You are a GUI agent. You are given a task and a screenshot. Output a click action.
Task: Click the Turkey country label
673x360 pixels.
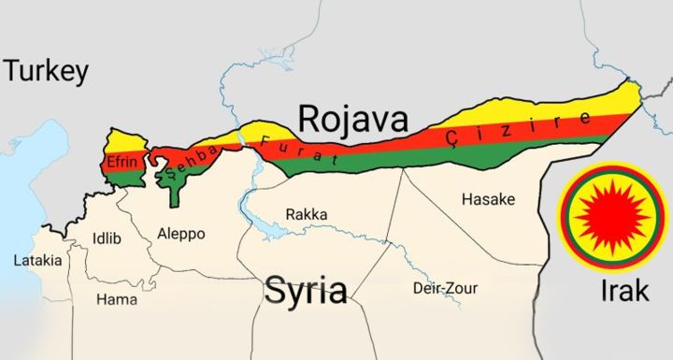point(47,71)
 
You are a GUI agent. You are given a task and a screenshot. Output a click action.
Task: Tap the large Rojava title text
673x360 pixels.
point(353,119)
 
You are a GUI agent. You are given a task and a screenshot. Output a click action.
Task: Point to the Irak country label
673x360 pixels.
point(623,291)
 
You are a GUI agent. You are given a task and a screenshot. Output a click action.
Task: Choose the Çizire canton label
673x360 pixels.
point(519,129)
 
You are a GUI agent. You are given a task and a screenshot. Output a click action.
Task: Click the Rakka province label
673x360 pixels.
point(307,214)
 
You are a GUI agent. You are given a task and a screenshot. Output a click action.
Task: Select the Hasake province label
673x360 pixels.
point(488,199)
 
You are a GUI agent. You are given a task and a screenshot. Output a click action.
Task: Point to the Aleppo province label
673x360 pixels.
point(180,233)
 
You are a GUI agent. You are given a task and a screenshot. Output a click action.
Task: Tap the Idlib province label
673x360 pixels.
point(107,238)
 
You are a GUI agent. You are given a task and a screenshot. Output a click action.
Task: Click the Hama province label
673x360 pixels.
point(117,299)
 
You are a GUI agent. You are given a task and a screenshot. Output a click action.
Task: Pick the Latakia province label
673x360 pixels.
point(37,260)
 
